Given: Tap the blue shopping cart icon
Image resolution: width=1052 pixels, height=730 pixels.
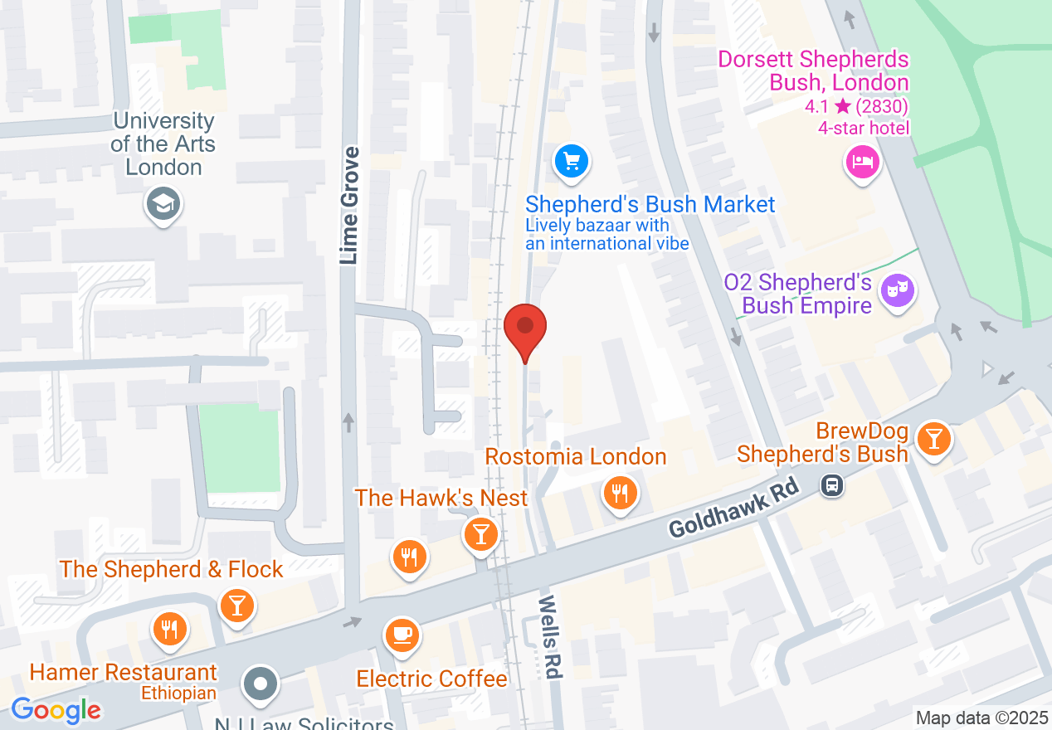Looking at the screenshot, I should click(x=571, y=162).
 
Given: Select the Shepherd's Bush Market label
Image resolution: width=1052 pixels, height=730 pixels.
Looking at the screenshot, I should click(x=650, y=205).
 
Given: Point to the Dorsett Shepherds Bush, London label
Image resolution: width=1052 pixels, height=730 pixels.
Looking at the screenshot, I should click(x=813, y=71).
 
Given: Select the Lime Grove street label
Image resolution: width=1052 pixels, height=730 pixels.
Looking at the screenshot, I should click(x=350, y=206).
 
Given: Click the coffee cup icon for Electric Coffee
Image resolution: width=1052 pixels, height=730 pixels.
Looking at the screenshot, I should click(x=402, y=635).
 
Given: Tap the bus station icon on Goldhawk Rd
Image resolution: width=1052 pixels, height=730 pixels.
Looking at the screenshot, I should click(x=831, y=485).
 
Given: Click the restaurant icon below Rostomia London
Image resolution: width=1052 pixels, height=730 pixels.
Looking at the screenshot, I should click(x=620, y=494).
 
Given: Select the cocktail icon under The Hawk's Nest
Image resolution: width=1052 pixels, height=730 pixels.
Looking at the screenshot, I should click(x=480, y=533).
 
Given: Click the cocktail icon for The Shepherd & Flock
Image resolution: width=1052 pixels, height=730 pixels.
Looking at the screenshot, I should click(x=237, y=606).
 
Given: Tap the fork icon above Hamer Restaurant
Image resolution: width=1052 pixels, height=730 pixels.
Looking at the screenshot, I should click(x=169, y=628).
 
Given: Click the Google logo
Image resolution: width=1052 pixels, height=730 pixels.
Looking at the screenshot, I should click(x=56, y=710).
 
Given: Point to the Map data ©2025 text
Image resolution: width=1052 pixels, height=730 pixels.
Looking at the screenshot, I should click(x=981, y=717).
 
